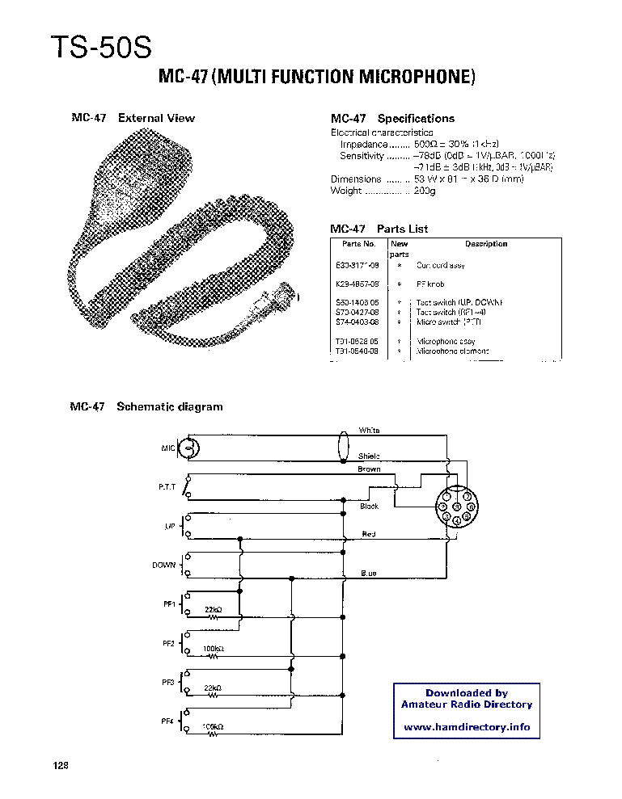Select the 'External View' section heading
tap(156, 118)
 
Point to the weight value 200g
tap(425, 191)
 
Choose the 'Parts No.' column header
tap(358, 244)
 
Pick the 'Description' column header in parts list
tap(486, 244)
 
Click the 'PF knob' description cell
tap(433, 284)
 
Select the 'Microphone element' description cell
tap(454, 352)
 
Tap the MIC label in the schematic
tap(168, 447)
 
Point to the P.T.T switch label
tap(167, 487)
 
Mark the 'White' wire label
tap(369, 431)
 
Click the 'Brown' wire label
tap(369, 469)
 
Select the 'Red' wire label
tap(369, 534)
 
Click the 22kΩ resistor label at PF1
tap(214, 609)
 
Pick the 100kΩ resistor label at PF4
tap(214, 727)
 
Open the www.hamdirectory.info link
tap(467, 727)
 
